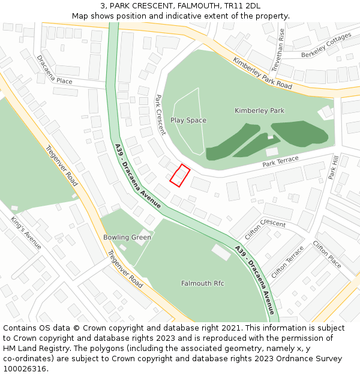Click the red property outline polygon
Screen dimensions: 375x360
tap(180, 176)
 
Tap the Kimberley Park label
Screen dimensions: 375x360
tap(259, 111)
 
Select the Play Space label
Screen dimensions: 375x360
tap(188, 121)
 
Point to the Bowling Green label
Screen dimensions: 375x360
tap(127, 238)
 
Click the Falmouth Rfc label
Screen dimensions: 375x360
tap(203, 283)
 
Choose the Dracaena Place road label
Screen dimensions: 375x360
tap(55, 71)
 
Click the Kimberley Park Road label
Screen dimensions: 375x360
tap(262, 74)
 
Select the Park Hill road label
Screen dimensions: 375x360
tap(334, 167)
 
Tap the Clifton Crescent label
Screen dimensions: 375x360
tap(265, 229)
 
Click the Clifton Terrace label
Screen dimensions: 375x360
tap(287, 262)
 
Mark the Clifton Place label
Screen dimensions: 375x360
tap(327, 255)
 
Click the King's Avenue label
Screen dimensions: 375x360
tap(26, 233)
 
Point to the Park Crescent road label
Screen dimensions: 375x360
tap(160, 114)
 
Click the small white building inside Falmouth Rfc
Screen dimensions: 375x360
tap(221, 253)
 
